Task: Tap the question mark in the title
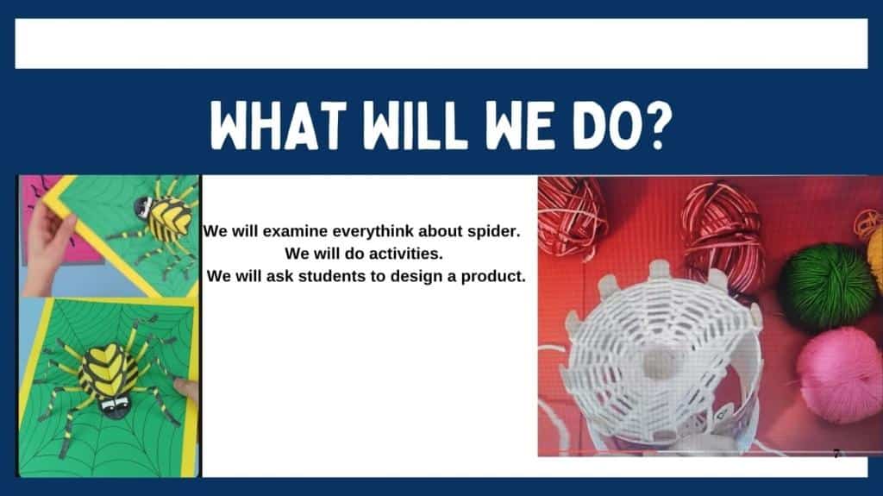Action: pyautogui.click(x=656, y=125)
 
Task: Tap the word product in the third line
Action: pyautogui.click(x=492, y=277)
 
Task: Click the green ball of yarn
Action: pyautogui.click(x=827, y=286)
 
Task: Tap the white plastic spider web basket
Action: pyautogui.click(x=659, y=356)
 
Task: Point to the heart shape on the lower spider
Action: pyautogui.click(x=110, y=367)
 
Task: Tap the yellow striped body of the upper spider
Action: pyautogui.click(x=169, y=219)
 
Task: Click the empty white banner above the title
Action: pyautogui.click(x=441, y=44)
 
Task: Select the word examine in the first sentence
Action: pyautogui.click(x=294, y=232)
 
